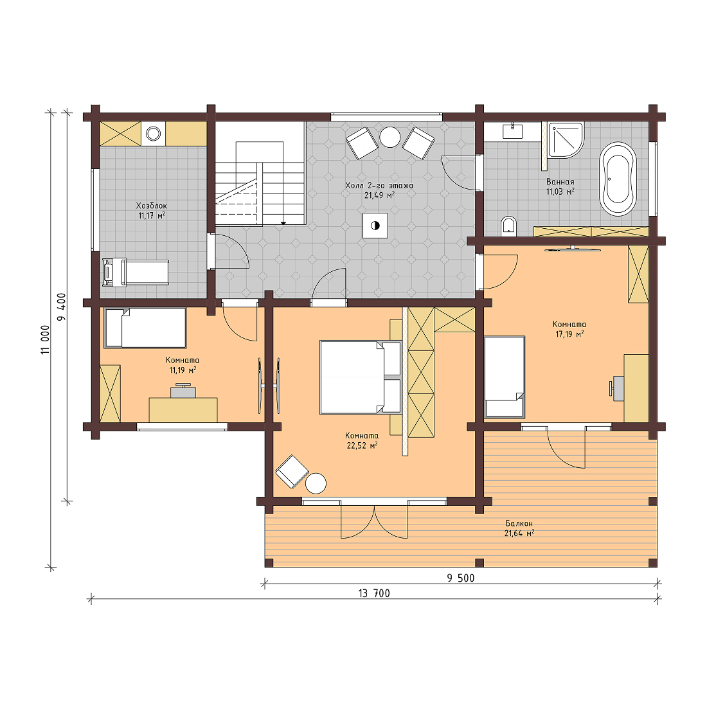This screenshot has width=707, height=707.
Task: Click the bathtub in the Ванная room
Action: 618,177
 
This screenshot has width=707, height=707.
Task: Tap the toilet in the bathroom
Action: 508,226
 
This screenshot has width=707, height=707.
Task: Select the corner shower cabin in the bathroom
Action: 564,140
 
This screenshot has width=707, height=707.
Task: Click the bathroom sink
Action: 512,132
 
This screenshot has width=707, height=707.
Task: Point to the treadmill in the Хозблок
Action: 136,273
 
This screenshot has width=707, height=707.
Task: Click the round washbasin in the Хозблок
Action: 153,134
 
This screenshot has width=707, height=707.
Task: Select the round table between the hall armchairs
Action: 389,138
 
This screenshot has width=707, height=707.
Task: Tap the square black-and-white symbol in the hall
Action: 375,226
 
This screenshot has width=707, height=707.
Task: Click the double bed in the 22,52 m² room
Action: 360,377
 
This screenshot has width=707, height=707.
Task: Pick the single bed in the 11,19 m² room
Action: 145,328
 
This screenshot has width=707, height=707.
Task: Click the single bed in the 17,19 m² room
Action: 505,377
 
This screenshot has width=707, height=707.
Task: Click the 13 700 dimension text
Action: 373,593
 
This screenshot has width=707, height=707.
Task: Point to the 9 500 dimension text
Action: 460,578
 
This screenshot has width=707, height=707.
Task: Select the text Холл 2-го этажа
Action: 379,185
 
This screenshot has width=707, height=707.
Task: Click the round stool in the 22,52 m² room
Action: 316,483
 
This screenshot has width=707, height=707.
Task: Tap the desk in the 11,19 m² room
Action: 183,409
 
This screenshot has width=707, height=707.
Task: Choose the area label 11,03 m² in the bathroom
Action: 560,192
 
